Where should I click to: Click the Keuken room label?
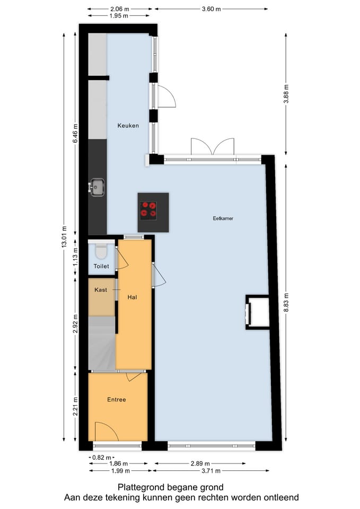point(128,126)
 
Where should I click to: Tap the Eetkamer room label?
point(223,218)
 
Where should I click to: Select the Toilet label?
point(101,266)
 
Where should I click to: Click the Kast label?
point(101,290)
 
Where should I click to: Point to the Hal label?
point(133,297)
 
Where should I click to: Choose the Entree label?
point(117,399)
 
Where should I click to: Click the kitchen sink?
point(97,187)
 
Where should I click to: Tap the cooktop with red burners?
point(148,210)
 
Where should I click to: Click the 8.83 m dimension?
point(286,302)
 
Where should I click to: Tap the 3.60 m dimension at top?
point(211,9)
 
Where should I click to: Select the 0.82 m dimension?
point(102,457)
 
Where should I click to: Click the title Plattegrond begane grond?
point(171,487)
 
